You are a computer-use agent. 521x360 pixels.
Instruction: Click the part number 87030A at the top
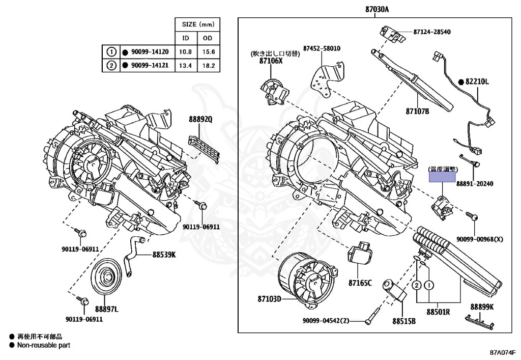tap(377, 9)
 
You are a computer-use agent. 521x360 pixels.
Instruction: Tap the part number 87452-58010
tap(322, 48)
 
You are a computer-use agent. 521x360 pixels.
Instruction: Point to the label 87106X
tap(270, 61)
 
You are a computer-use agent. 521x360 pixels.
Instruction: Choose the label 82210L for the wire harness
tap(476, 81)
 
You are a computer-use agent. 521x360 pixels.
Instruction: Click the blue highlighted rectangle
tap(442, 176)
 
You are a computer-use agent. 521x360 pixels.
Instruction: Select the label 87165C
tap(360, 283)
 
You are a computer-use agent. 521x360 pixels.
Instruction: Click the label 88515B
tap(404, 321)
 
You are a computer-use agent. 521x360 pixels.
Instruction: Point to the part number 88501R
tap(438, 312)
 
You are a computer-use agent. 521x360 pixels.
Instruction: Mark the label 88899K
tap(481, 307)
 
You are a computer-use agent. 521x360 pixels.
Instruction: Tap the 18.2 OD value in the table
tap(209, 65)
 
